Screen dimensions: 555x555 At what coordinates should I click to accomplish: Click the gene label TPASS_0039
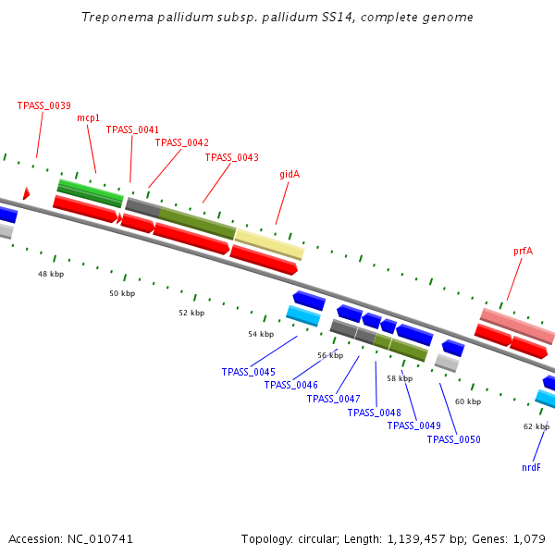pos(43,105)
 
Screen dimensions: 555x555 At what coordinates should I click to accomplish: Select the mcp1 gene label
pos(88,117)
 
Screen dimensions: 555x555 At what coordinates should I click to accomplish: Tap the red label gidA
pos(290,174)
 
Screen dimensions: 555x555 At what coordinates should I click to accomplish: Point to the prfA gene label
pos(524,251)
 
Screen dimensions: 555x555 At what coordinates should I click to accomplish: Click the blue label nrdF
pos(531,467)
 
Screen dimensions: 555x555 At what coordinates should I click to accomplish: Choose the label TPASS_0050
pos(453,439)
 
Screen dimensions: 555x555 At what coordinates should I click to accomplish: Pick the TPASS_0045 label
pos(248,372)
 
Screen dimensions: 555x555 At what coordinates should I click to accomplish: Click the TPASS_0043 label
pos(231,157)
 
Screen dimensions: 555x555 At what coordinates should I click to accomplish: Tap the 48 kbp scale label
pos(51,274)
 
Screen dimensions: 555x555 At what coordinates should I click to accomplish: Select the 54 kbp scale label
pos(261,334)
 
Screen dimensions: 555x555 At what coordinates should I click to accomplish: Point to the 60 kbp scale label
pos(468,401)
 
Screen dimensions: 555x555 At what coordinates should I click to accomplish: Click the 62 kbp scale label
pos(536,426)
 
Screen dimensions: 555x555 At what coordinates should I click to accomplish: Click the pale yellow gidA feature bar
pos(268,244)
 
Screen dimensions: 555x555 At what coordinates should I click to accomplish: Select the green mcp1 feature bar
pos(90,193)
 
